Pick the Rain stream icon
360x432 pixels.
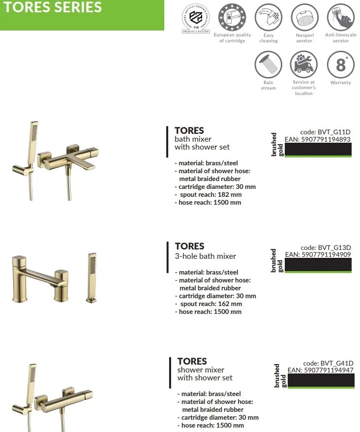269,65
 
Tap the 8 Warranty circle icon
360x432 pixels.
340,65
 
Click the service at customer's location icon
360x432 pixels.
304,65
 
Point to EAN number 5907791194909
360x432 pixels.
318,254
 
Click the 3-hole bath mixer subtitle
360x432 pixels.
206,256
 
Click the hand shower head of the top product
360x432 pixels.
33,133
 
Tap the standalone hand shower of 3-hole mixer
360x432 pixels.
91,276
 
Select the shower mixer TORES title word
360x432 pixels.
192,361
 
